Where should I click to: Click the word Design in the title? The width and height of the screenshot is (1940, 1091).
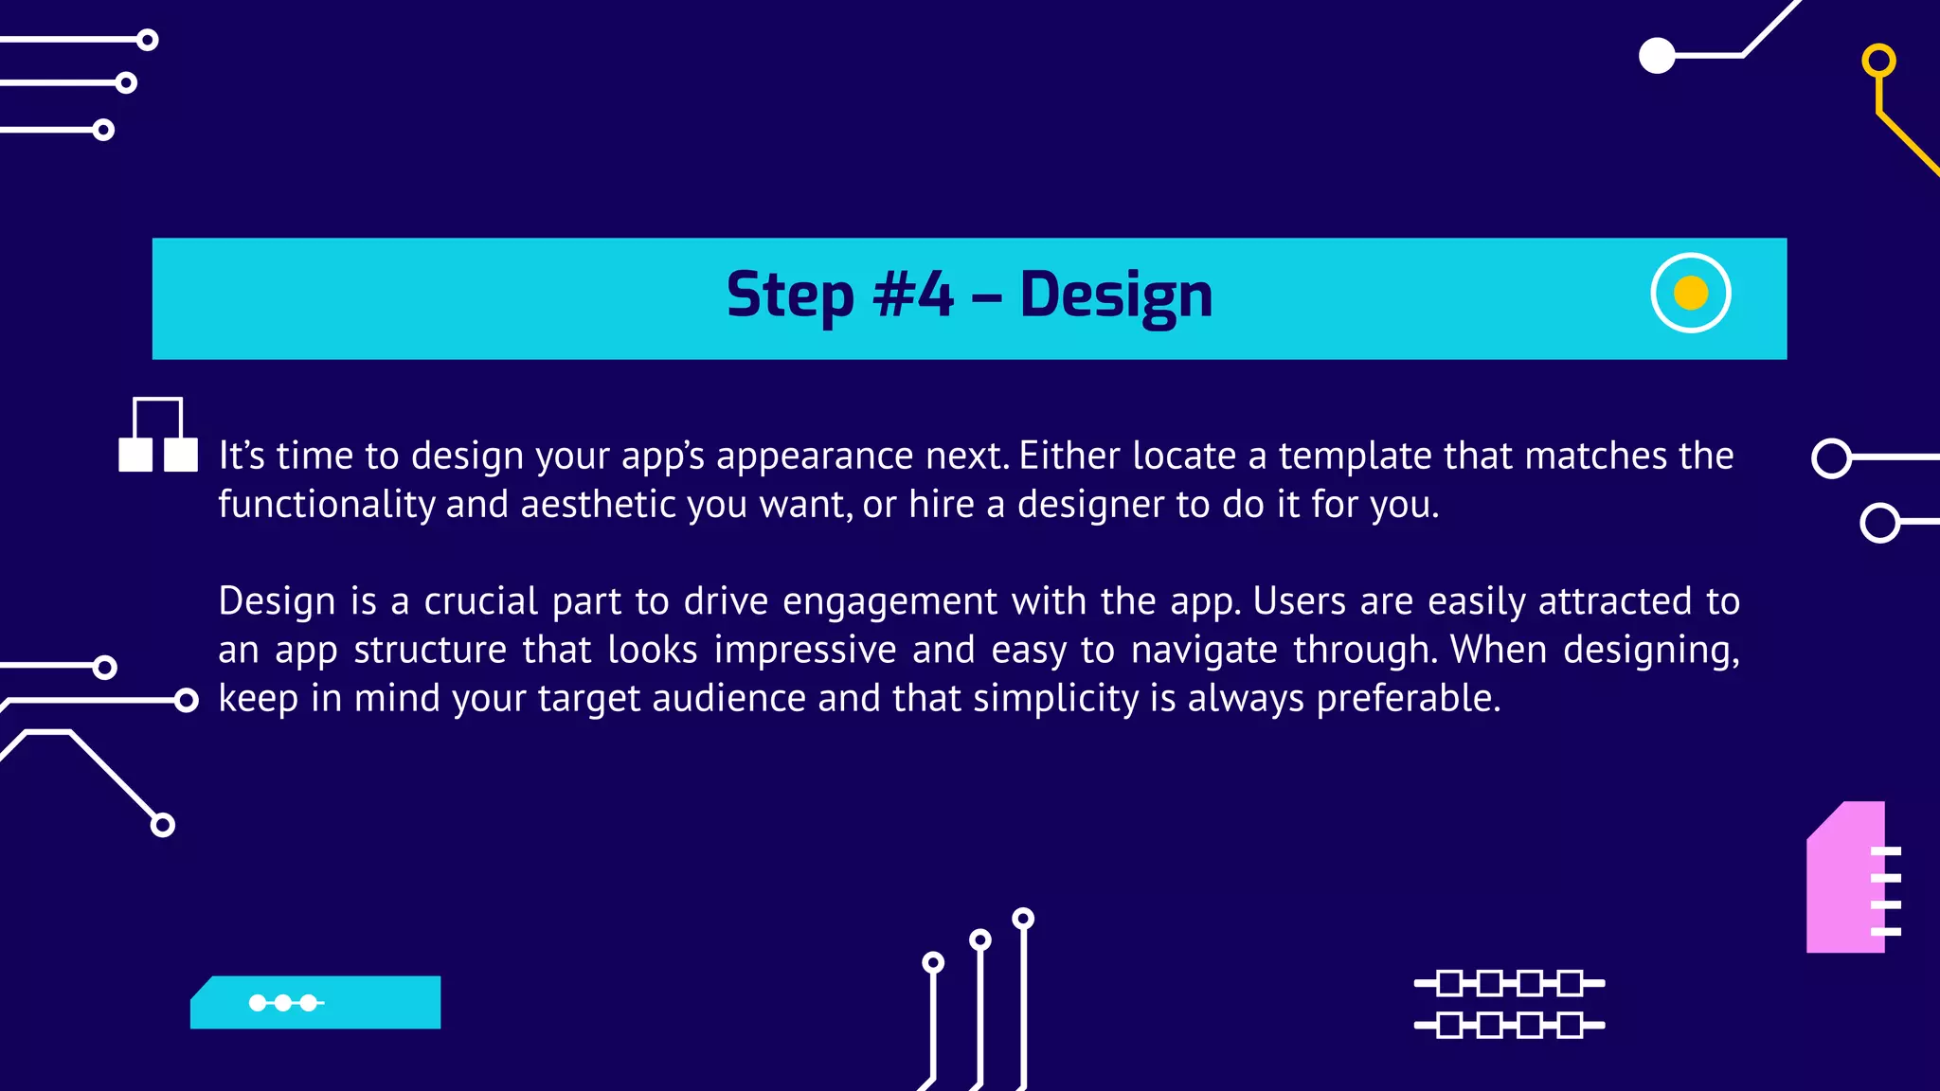point(1115,295)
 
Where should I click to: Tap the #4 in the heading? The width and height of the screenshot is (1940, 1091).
point(912,295)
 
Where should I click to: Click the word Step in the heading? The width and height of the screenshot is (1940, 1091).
point(789,295)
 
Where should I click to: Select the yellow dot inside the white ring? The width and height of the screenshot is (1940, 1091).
point(1690,293)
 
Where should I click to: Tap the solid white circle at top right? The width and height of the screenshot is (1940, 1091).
point(1657,56)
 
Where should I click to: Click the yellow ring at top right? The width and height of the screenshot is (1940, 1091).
point(1878,61)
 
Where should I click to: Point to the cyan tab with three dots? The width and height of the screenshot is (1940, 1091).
point(315,1003)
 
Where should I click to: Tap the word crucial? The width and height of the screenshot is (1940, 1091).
point(480,602)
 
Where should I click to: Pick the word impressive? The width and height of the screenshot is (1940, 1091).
point(804,651)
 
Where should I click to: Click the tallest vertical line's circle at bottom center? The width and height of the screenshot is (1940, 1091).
point(1023,919)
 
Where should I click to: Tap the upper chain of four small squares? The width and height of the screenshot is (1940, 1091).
point(1508,983)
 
